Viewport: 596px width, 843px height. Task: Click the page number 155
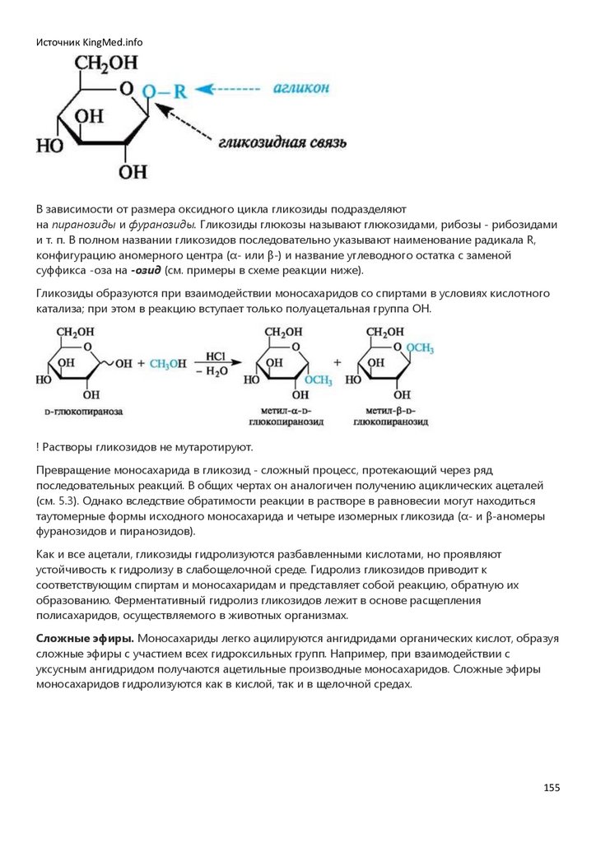coord(552,788)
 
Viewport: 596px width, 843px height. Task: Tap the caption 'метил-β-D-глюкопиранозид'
coord(384,415)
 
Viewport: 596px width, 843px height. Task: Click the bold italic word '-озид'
coord(147,271)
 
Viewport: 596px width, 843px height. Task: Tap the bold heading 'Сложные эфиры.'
coord(85,639)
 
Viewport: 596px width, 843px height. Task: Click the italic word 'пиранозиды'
coord(80,225)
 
